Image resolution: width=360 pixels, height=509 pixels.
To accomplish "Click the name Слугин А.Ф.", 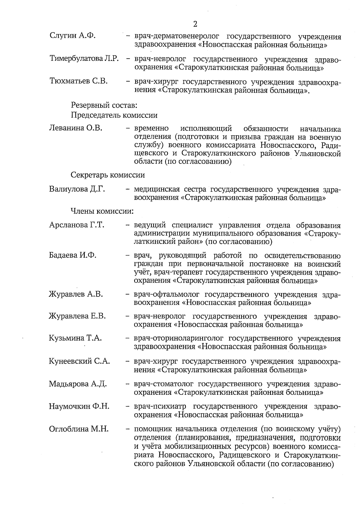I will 73,36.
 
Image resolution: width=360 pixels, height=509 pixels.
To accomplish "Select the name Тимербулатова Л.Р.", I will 84,58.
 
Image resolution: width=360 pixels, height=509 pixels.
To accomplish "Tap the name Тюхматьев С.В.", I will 79,81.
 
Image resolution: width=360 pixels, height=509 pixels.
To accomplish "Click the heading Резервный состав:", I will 104,105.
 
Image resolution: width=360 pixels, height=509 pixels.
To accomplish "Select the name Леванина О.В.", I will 76,129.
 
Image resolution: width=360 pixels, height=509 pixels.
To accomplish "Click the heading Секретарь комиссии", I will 108,175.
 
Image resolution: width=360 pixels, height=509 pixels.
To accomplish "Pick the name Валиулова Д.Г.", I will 77,189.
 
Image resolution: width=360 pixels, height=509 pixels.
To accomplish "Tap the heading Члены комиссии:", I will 102,211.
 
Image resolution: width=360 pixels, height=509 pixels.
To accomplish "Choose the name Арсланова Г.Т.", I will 76,225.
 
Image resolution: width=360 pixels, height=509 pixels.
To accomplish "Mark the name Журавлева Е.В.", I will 77,316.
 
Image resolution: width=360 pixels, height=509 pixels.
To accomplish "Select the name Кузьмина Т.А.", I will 75,338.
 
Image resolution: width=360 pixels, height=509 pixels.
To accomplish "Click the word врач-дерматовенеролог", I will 177,37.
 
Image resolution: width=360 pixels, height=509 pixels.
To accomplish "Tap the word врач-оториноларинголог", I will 179,339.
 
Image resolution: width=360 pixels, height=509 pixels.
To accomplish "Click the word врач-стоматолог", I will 163,384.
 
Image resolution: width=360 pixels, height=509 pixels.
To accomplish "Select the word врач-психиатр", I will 160,406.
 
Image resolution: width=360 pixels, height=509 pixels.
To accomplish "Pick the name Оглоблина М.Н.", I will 79,429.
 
